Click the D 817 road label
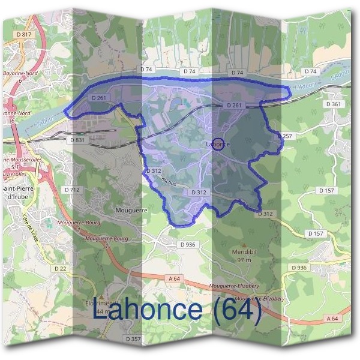24,35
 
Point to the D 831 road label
77,140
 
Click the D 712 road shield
72,190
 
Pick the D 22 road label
59,268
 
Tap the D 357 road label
134,339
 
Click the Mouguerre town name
131,211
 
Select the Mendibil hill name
244,252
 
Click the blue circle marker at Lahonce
219,144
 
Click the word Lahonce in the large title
147,310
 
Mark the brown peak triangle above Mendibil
244,245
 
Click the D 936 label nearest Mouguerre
188,244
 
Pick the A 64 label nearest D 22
174,278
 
